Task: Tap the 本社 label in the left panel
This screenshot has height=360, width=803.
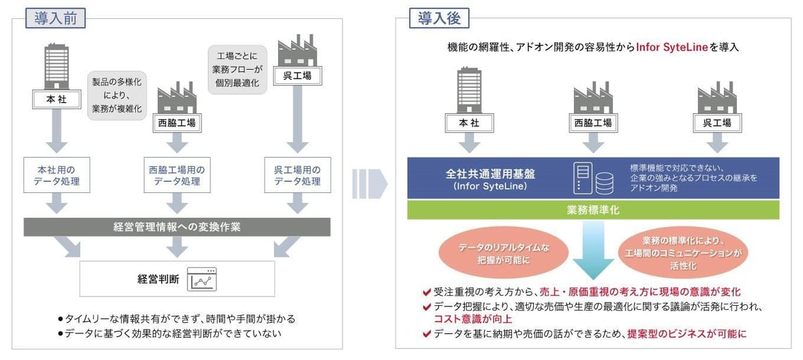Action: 56,100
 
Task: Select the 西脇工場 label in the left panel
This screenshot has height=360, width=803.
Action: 175,123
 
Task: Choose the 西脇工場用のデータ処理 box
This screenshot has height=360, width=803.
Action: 176,175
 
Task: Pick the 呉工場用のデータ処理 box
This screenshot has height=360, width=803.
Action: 297,175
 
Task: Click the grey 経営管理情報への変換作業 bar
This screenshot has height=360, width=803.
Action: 178,227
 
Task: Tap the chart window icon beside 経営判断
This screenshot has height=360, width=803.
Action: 201,279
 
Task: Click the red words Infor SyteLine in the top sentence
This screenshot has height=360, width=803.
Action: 676,48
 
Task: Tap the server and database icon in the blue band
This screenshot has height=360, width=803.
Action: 594,178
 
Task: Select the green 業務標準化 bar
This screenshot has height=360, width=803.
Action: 593,209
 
